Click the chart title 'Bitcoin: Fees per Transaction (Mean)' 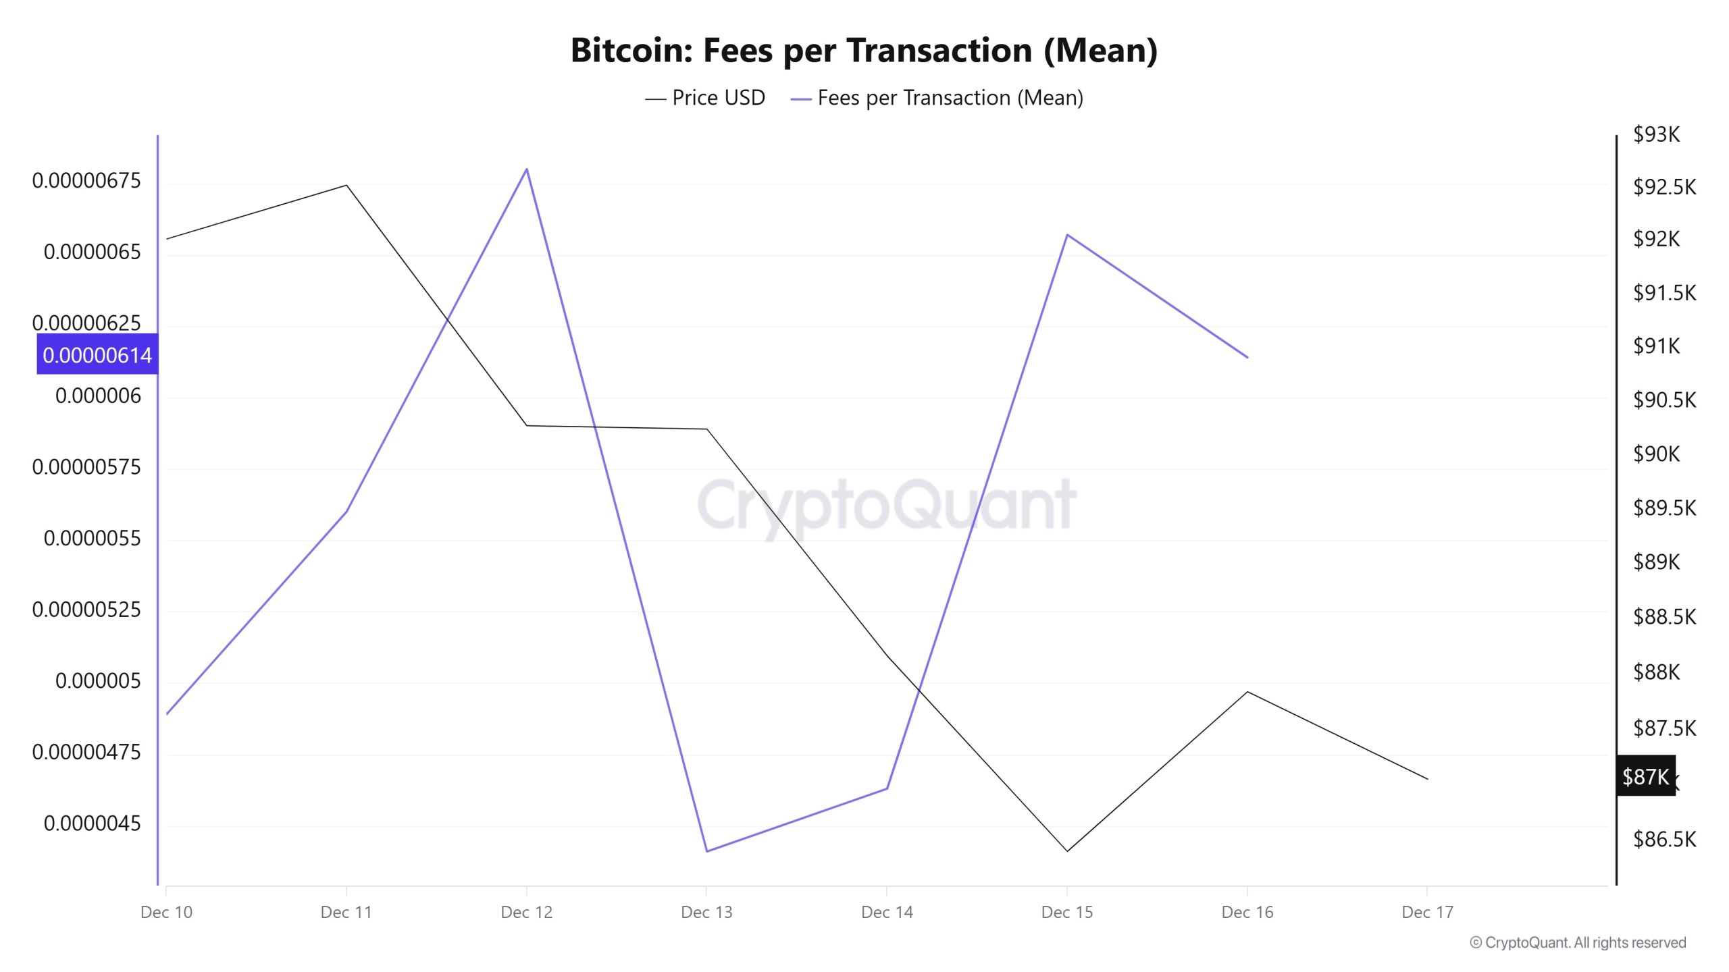point(864,50)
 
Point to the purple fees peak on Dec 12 point(527,169)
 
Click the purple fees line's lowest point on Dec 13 point(706,851)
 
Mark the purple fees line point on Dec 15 point(1067,235)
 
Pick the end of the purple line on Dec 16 point(1247,357)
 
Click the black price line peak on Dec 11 point(346,185)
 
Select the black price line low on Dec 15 point(1067,851)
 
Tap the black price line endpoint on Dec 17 point(1427,779)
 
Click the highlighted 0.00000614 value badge point(97,354)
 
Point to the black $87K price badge point(1645,776)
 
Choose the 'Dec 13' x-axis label point(706,913)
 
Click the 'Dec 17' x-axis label point(1427,913)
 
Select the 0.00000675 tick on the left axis point(86,181)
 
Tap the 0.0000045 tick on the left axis point(93,823)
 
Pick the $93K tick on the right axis point(1656,134)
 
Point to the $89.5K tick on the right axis point(1664,508)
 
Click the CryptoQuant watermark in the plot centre point(886,505)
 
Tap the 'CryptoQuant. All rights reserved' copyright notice point(1578,942)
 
